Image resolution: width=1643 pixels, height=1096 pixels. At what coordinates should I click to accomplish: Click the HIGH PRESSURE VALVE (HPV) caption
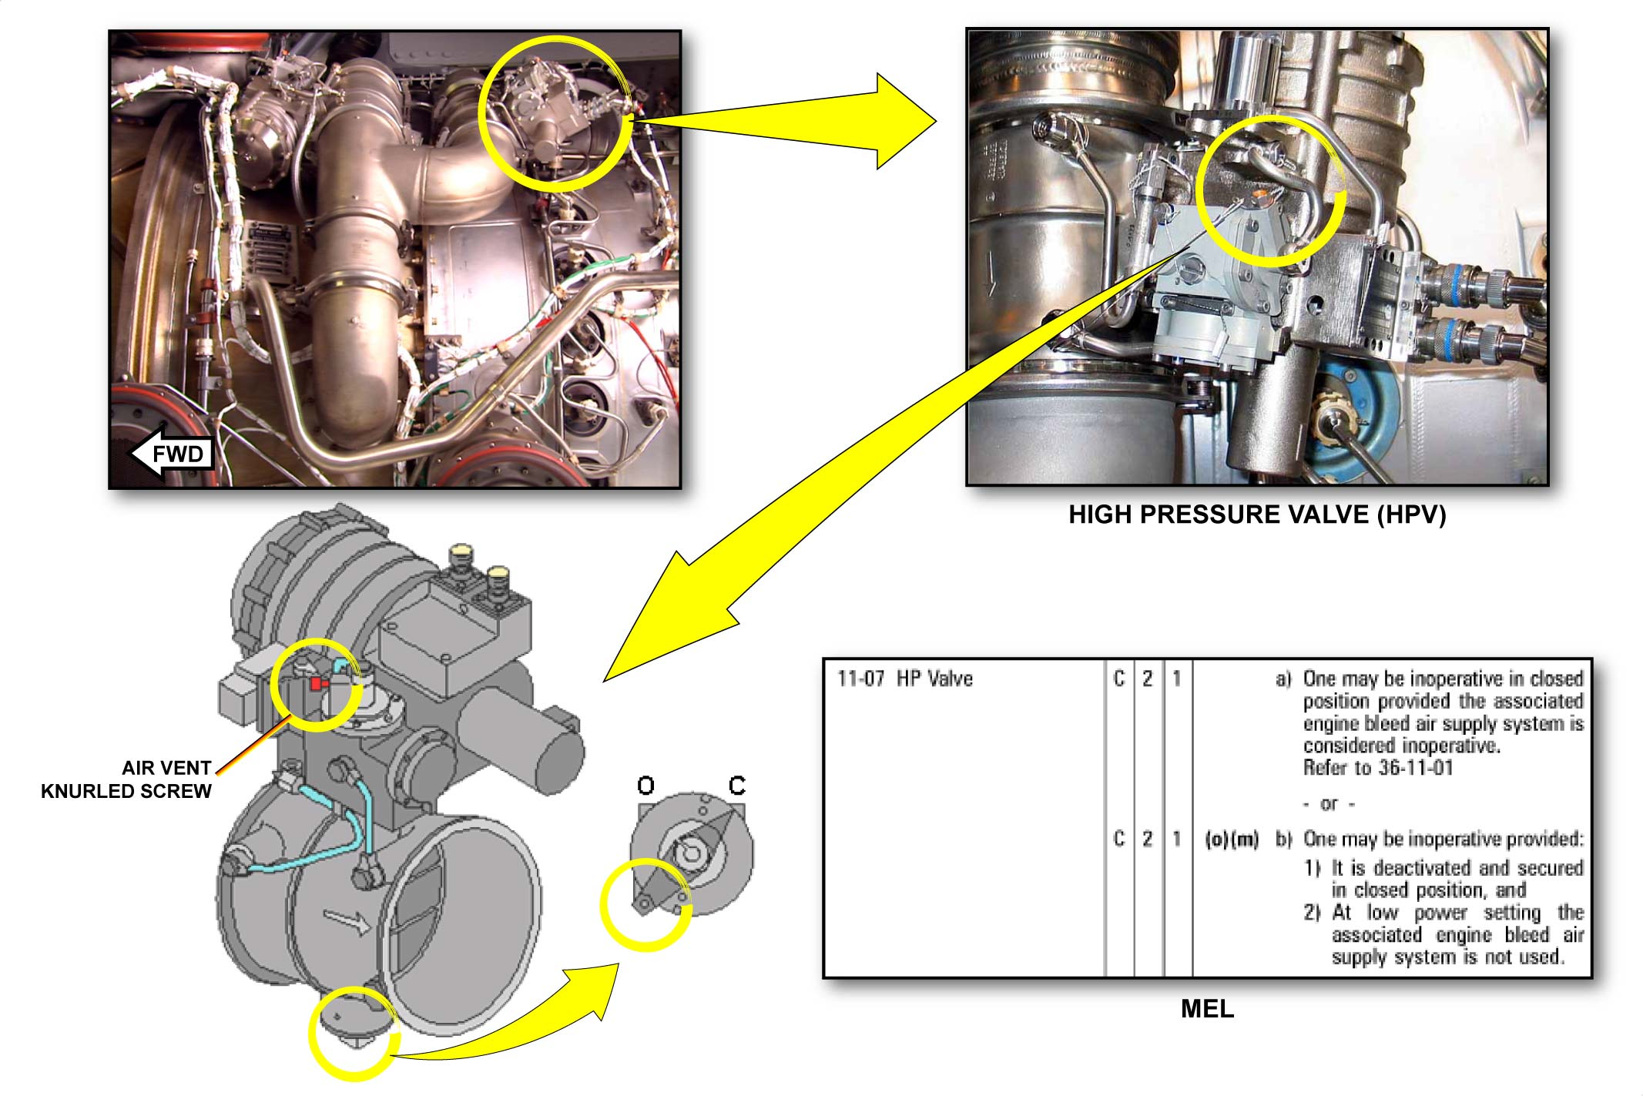click(x=1257, y=514)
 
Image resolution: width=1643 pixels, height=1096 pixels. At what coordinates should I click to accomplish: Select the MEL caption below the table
click(x=1207, y=1009)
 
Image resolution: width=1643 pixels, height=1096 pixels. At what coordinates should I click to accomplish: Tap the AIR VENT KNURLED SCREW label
click(x=126, y=779)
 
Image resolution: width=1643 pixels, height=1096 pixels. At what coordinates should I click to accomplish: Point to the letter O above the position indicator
click(x=645, y=786)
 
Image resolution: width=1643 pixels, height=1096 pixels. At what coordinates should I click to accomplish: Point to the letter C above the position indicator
click(x=737, y=786)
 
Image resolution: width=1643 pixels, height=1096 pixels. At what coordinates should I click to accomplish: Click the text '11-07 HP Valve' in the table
click(x=905, y=679)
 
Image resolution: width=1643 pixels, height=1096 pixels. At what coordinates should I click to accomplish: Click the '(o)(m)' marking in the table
click(x=1232, y=839)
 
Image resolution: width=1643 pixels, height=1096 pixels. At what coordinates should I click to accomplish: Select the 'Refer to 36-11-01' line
click(x=1378, y=768)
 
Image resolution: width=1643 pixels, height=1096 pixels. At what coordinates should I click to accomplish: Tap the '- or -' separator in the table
click(x=1329, y=804)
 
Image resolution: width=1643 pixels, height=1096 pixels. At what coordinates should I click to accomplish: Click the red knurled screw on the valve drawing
click(x=317, y=684)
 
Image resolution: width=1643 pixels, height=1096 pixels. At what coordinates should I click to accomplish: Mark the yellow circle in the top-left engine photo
click(x=556, y=113)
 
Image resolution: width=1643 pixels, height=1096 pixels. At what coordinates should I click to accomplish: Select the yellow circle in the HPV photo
click(x=1272, y=190)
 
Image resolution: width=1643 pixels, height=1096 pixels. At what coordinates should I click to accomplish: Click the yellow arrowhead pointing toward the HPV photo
click(x=906, y=122)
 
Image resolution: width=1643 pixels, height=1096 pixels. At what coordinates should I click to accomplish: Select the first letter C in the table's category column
click(x=1119, y=679)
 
